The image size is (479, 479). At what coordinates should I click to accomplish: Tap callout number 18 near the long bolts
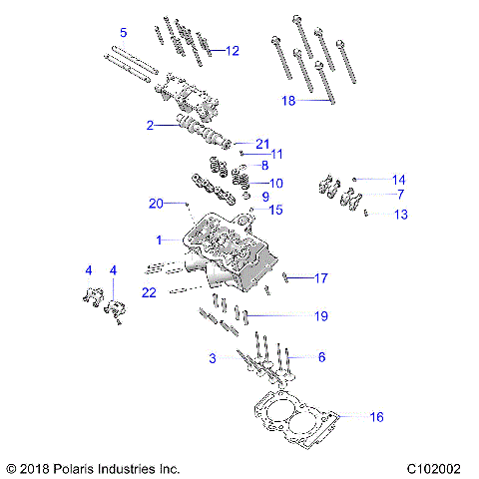288,101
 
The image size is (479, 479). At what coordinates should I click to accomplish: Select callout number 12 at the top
232,50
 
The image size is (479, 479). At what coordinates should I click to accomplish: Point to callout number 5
123,32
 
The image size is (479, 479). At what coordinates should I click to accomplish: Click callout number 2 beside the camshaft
150,126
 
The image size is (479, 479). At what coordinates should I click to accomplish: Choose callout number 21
262,143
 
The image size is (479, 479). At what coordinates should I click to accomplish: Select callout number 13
400,214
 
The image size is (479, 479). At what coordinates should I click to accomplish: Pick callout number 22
150,291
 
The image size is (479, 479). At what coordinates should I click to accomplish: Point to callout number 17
320,278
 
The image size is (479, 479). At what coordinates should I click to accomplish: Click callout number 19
320,316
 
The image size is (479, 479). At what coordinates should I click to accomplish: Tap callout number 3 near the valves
212,357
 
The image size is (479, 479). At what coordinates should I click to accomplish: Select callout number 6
320,357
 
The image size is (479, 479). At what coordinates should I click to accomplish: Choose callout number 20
156,204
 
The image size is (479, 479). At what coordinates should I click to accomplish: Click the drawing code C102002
439,467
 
